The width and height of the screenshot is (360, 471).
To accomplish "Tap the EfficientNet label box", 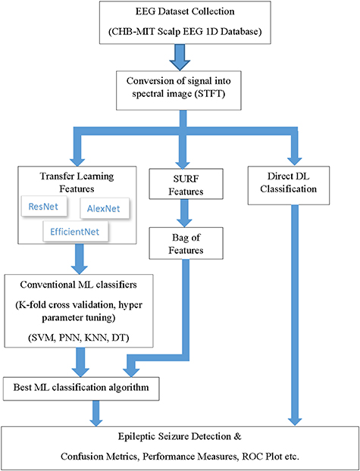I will (76, 229).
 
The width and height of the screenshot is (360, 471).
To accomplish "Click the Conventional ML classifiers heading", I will (79, 287).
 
